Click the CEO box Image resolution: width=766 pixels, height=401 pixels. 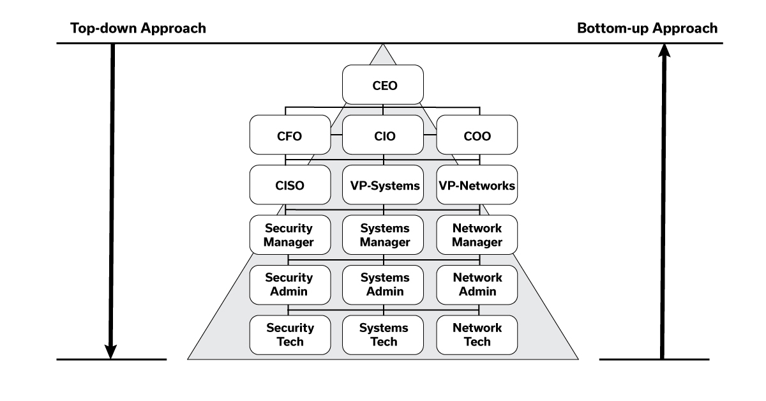click(383, 84)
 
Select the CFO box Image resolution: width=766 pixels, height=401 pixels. click(290, 135)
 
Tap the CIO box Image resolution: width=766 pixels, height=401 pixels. click(383, 135)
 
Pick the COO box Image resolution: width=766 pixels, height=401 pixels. click(476, 135)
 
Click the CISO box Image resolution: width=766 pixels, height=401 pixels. click(290, 186)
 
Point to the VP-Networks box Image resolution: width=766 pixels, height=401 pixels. click(476, 186)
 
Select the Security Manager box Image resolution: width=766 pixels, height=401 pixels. click(290, 236)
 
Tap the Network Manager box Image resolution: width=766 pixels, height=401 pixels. click(476, 236)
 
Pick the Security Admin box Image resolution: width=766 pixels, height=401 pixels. click(290, 285)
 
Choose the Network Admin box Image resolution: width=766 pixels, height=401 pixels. click(476, 285)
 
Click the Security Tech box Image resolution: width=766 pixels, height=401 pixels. click(290, 335)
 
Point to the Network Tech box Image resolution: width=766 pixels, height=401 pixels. click(476, 335)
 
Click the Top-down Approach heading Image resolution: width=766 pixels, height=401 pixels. click(138, 29)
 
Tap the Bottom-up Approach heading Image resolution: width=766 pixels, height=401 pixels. click(647, 29)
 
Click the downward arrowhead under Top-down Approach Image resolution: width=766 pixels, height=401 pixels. click(111, 350)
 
